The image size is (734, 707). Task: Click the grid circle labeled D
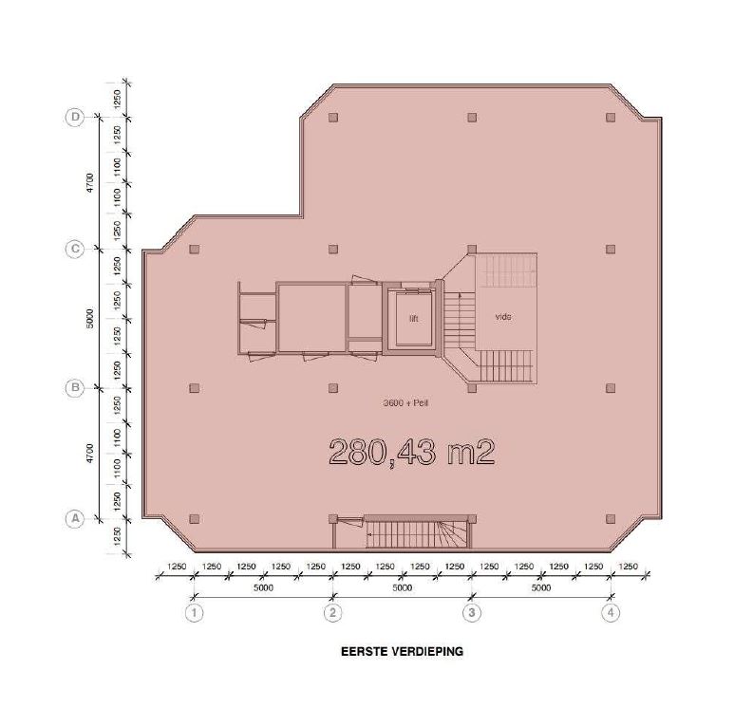click(x=75, y=117)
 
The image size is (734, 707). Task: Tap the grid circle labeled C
click(x=75, y=249)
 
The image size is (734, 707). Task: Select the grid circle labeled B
click(x=75, y=388)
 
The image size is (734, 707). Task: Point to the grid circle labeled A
click(x=75, y=519)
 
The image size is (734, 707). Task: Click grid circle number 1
click(x=195, y=612)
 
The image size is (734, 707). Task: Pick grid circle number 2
click(x=333, y=612)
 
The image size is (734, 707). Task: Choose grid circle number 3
click(x=471, y=612)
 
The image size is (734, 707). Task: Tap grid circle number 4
click(x=611, y=612)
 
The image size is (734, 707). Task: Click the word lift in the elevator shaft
click(x=414, y=319)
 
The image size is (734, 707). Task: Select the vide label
click(x=503, y=317)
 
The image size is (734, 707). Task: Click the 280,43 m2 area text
click(x=412, y=452)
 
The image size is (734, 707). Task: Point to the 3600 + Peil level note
click(x=405, y=403)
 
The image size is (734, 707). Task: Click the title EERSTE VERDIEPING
click(x=402, y=651)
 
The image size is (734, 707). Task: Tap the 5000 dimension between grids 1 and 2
click(x=264, y=587)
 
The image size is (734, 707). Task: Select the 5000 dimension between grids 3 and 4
click(x=541, y=587)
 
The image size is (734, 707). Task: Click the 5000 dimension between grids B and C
click(x=90, y=318)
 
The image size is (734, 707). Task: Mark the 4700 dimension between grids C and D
click(x=90, y=182)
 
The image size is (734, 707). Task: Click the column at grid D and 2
click(x=333, y=117)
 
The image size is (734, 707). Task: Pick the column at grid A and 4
click(x=611, y=519)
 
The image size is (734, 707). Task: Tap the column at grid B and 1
click(x=195, y=388)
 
